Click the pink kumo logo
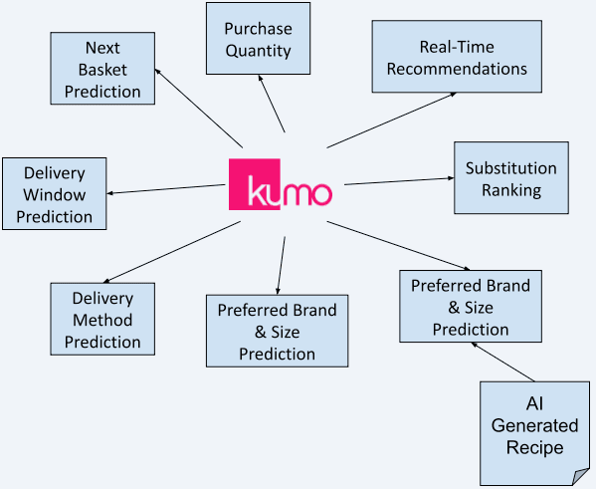coord(281,184)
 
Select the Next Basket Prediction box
coord(102,70)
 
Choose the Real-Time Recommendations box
coord(457,59)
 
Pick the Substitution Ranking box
coord(511,178)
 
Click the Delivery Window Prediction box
coord(55,193)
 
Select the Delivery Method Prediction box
coord(102,319)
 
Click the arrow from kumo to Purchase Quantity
coord(273,104)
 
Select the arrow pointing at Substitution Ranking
coord(398,181)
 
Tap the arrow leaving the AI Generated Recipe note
coord(503,361)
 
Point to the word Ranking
coord(510,189)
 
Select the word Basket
coord(102,70)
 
